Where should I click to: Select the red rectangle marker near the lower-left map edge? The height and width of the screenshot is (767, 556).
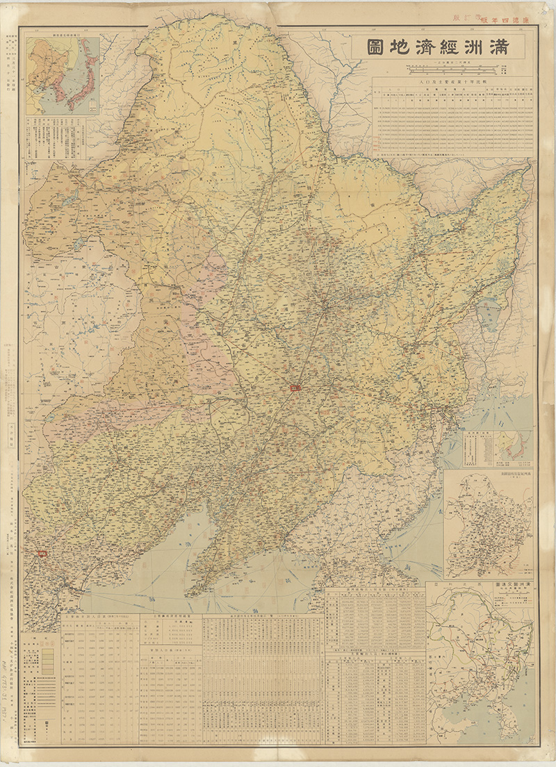coord(41,554)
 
